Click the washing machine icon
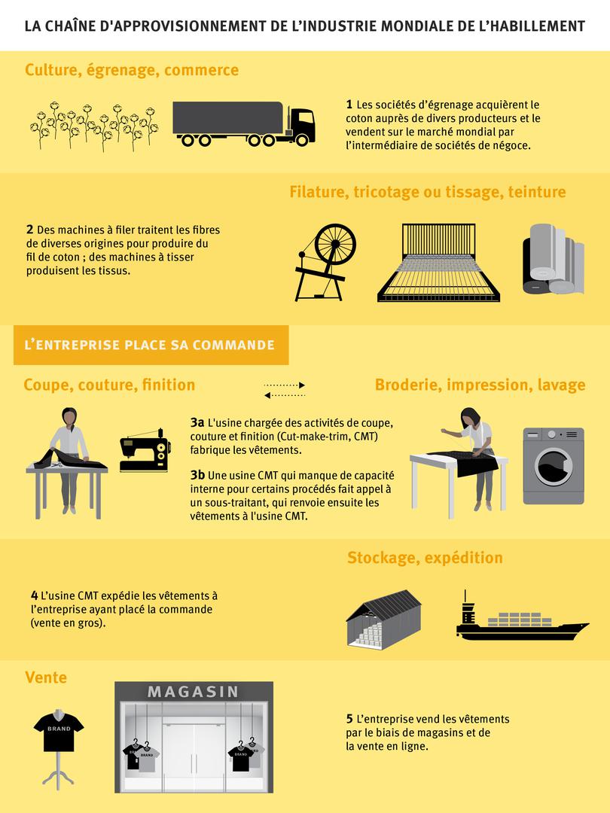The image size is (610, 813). click(x=553, y=466)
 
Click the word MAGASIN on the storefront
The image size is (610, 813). click(x=194, y=691)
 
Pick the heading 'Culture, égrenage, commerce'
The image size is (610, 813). click(x=132, y=70)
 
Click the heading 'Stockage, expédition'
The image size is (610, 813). click(x=425, y=558)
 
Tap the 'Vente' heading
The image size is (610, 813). click(x=46, y=677)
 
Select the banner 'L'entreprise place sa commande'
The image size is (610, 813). click(x=150, y=346)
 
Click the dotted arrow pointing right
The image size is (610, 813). click(x=284, y=385)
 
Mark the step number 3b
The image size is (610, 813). click(x=198, y=476)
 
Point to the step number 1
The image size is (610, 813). click(x=349, y=105)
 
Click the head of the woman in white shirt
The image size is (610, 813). click(x=69, y=416)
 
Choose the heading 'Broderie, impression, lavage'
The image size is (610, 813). click(x=480, y=385)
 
